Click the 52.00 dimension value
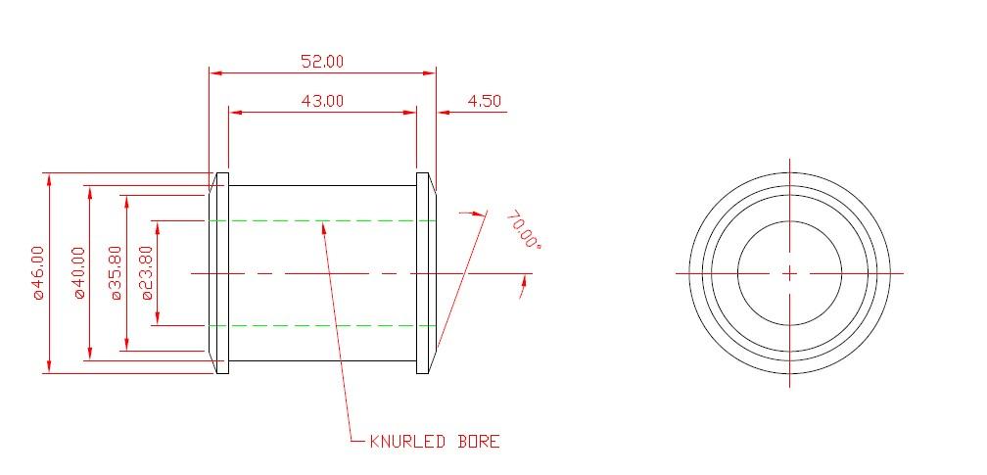(322, 61)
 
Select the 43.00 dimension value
(322, 100)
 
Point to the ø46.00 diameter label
(38, 273)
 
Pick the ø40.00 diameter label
(78, 273)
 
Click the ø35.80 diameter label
(116, 273)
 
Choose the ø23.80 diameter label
(147, 273)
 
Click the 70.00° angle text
(523, 230)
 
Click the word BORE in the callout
(479, 442)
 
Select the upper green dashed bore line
(322, 221)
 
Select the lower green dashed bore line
(322, 324)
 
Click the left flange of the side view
(221, 273)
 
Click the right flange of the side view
(423, 273)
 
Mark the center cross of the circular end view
(789, 273)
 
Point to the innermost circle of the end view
(789, 222)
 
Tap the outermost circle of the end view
(789, 172)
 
